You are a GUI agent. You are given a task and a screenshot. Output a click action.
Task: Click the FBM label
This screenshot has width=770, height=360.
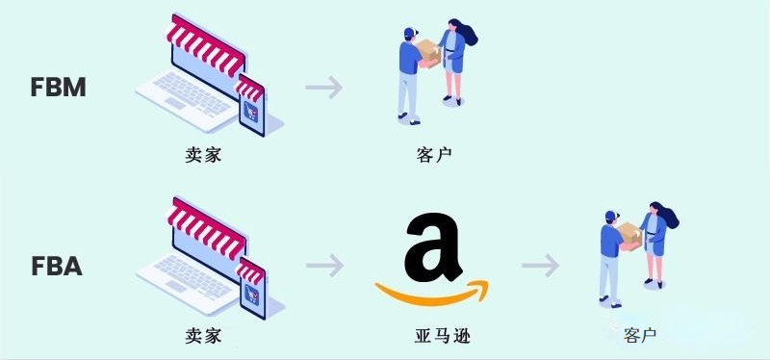click(59, 87)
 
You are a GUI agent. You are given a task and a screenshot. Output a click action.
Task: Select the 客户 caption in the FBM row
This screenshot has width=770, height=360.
click(434, 154)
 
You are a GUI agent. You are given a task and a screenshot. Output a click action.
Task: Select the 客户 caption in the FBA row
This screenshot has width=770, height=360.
click(639, 336)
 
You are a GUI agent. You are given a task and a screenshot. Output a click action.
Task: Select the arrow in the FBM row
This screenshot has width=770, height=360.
click(324, 88)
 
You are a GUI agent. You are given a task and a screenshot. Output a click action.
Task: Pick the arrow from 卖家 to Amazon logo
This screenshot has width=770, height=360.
click(324, 265)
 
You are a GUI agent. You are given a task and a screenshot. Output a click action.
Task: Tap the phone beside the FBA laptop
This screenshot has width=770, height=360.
click(251, 283)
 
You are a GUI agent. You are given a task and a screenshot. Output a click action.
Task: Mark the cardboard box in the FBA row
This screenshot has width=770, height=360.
click(629, 235)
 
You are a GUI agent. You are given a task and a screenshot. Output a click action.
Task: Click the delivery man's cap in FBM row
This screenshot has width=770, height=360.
click(409, 32)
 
